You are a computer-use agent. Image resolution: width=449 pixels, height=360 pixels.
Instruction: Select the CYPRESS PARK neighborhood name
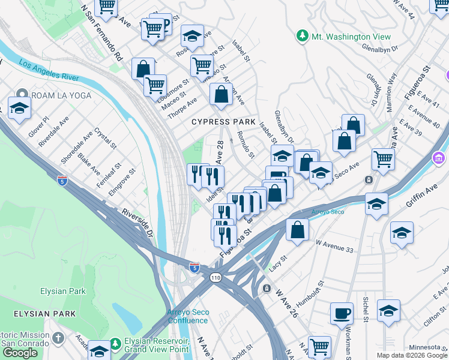[x=220, y=122]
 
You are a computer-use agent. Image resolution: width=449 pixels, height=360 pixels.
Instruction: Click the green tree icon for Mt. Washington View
[x=302, y=37]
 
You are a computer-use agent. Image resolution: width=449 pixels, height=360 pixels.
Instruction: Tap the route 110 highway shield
[x=215, y=278]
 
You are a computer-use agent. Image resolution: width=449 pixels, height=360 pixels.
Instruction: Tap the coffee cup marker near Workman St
[x=342, y=313]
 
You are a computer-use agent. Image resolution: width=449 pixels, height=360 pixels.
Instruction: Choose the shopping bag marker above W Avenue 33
[x=297, y=229]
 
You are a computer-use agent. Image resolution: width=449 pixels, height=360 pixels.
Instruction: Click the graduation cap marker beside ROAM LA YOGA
[x=19, y=109]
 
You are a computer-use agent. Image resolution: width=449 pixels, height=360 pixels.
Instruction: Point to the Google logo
[x=20, y=353]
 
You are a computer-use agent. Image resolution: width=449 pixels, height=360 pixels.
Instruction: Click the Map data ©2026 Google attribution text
[x=412, y=355]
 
